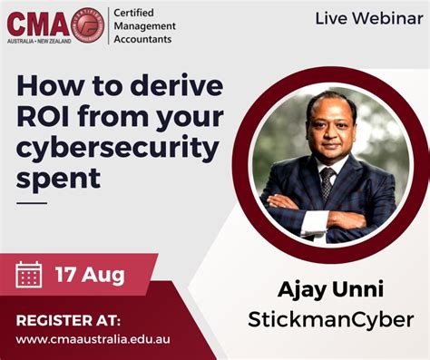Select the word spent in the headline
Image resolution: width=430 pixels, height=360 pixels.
pos(55,179)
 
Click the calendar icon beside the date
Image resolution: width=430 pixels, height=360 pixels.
pos(30,273)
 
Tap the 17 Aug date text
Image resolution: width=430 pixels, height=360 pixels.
pos(89,272)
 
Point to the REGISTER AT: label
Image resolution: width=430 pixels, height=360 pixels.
pos(67,319)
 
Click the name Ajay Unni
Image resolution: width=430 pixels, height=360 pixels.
pos(330,291)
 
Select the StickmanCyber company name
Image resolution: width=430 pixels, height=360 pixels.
pos(330,319)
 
